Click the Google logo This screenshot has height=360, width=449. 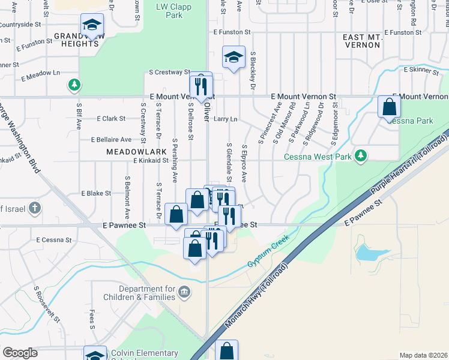20,353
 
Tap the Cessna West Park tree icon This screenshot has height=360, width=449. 360,156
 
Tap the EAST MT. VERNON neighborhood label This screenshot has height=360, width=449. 363,41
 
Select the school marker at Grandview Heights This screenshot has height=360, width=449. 92,25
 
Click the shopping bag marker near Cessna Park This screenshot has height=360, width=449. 390,107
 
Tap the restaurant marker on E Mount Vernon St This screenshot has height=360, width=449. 201,86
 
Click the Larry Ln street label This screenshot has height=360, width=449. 226,119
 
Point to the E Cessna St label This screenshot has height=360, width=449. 53,239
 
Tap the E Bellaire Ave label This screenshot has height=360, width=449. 111,139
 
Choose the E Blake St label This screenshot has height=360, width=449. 96,193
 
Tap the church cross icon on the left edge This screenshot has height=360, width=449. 35,209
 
